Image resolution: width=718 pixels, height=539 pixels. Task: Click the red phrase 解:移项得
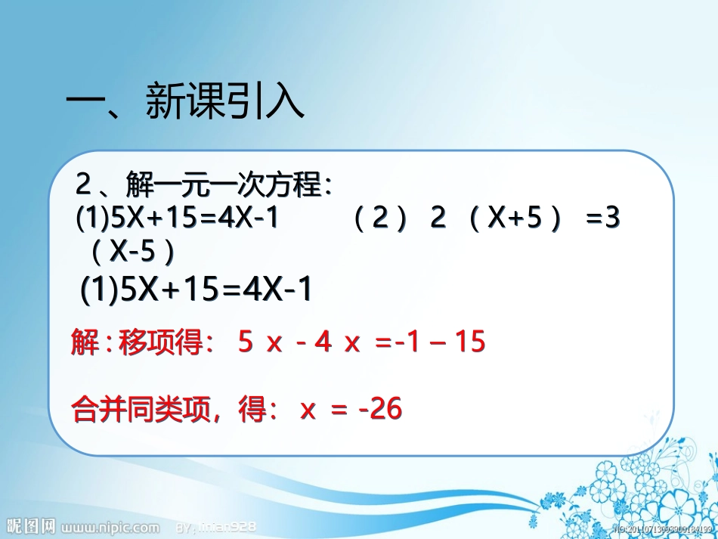[136, 343]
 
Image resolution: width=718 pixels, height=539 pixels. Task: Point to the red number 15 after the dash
[469, 342]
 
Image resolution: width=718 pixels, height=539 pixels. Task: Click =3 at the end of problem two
[602, 219]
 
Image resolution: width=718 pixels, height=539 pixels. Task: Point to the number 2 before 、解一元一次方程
[84, 185]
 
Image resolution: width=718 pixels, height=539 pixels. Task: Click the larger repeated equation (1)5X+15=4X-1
[197, 290]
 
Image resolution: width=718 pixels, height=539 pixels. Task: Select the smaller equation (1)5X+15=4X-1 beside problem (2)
[178, 219]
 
